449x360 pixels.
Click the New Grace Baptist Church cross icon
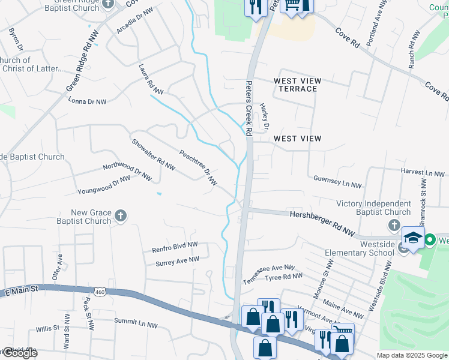(x=121, y=216)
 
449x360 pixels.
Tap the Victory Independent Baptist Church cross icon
(x=394, y=226)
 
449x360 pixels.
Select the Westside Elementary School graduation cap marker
(x=413, y=239)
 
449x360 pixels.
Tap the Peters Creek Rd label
(x=250, y=107)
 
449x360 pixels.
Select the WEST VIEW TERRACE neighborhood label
(x=297, y=85)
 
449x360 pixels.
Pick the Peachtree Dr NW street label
(x=197, y=167)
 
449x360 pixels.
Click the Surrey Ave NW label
(x=177, y=261)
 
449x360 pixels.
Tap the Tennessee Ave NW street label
(x=268, y=274)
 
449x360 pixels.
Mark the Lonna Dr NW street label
(x=87, y=101)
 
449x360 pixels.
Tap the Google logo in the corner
(x=19, y=353)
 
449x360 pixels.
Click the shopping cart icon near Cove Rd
(x=292, y=5)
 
